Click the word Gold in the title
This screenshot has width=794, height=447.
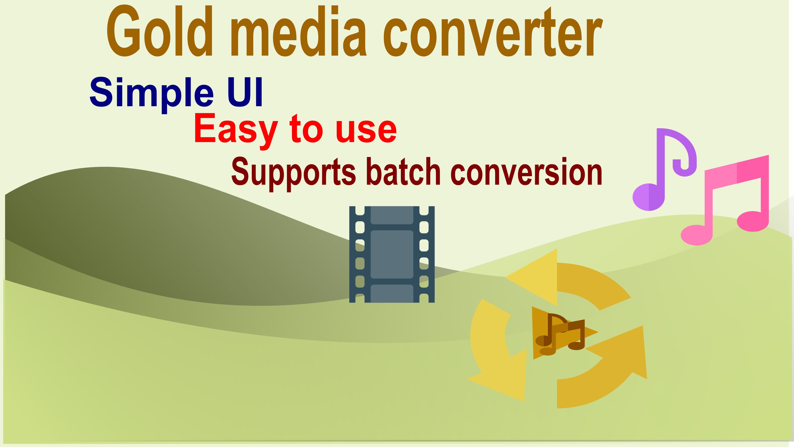click(160, 31)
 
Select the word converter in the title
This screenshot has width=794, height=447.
click(493, 32)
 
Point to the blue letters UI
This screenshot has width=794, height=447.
click(245, 92)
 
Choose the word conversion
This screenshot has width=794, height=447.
click(526, 171)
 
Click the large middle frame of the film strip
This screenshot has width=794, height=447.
click(392, 255)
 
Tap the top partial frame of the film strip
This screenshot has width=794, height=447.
click(392, 215)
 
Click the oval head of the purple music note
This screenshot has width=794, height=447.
click(648, 197)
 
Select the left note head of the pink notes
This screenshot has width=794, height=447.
click(697, 235)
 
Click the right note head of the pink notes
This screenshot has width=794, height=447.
click(753, 221)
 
